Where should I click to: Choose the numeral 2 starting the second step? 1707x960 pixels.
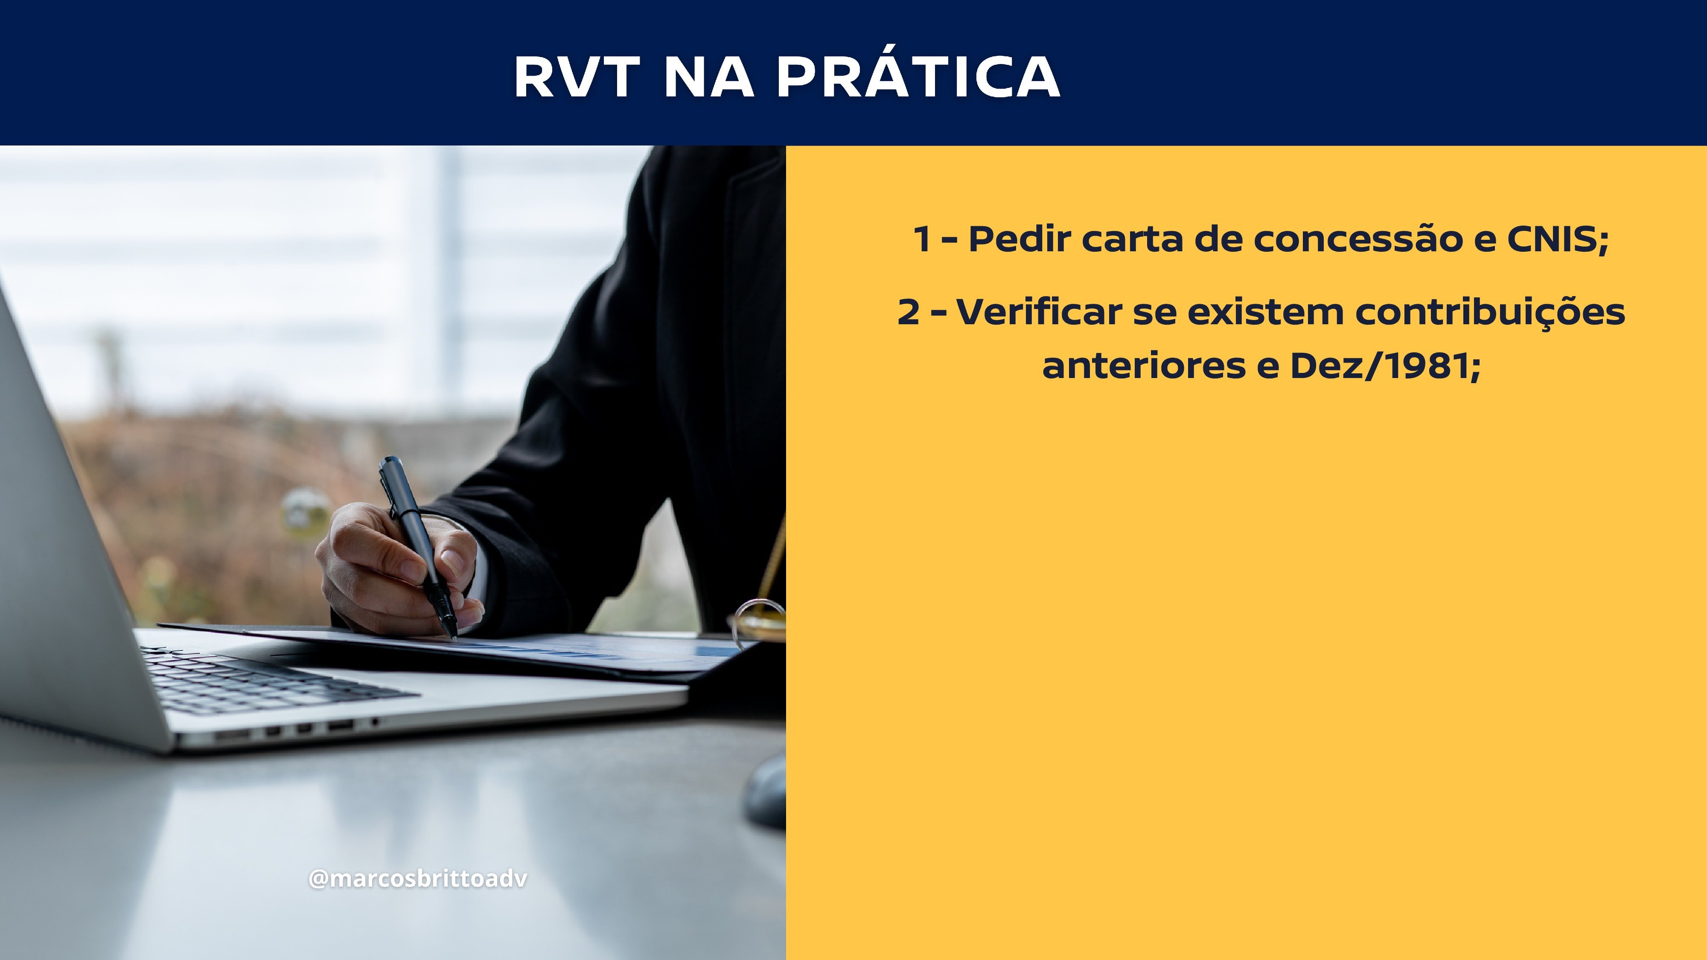(909, 312)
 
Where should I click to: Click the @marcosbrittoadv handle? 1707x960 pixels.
(417, 879)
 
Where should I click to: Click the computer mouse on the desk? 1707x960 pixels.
(765, 792)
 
